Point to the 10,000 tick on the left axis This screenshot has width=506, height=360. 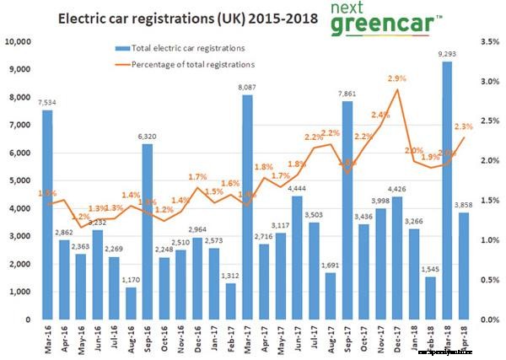pyautogui.click(x=19, y=41)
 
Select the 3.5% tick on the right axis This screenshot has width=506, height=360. pyautogui.click(x=488, y=41)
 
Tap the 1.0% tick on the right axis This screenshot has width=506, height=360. pyautogui.click(x=488, y=240)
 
